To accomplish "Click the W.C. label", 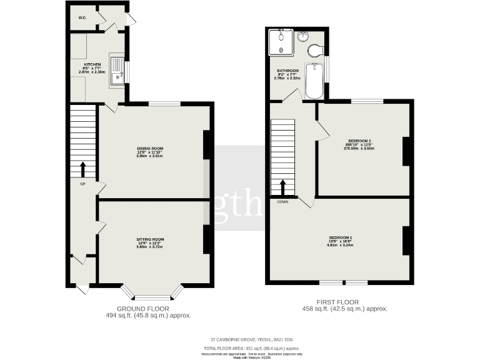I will (x=82, y=17).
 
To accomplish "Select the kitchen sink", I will (x=117, y=71).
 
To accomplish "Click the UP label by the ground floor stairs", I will (x=82, y=184).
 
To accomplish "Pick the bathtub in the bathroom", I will (x=314, y=81).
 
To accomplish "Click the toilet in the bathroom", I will (x=315, y=50).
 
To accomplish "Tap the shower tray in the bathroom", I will (x=280, y=42).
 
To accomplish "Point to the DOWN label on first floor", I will (x=282, y=202).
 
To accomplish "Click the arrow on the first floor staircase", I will (x=282, y=187).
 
